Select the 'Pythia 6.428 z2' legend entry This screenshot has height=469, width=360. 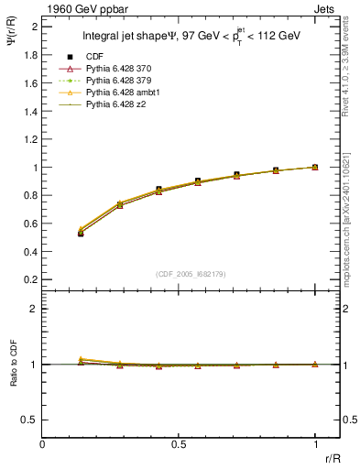pyautogui.click(x=115, y=105)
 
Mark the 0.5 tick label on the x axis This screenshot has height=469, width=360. pyautogui.click(x=178, y=444)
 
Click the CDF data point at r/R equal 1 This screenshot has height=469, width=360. pyautogui.click(x=315, y=168)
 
